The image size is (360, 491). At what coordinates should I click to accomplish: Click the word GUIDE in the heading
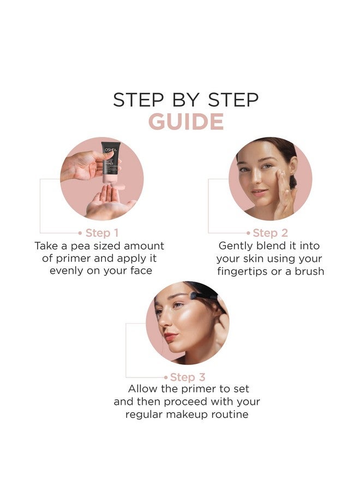click(186, 122)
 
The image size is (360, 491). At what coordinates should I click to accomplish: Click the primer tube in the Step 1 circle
click(110, 164)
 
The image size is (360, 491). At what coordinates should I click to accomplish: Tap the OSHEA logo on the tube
click(111, 149)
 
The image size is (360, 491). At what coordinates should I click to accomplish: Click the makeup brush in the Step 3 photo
click(203, 295)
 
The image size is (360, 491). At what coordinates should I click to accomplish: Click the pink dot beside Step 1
click(81, 233)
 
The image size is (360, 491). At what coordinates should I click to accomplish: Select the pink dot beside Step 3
click(166, 377)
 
